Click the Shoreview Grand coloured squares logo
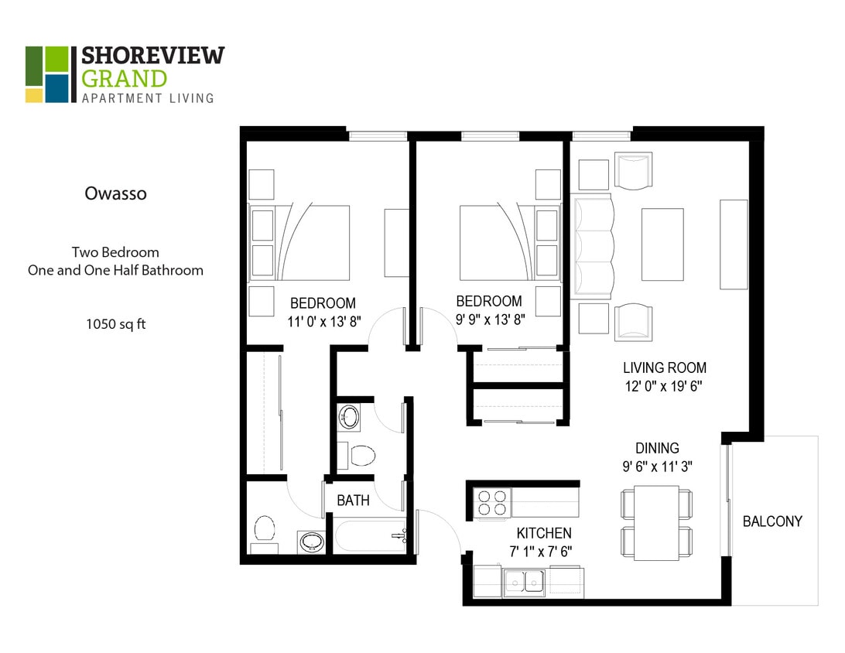point(46,74)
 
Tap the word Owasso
point(115,193)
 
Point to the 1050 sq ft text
point(116,324)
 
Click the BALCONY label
point(772,521)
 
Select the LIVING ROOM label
point(665,368)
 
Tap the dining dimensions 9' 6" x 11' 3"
point(657,467)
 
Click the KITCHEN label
point(544,533)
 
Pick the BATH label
point(353,501)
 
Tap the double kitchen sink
point(524,581)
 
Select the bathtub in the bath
point(369,535)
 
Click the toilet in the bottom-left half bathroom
point(265,530)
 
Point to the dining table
point(656,522)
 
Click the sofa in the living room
point(593,245)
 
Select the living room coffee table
point(662,244)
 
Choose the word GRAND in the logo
point(124,79)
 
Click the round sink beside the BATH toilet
point(349,417)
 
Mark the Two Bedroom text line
point(115,252)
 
